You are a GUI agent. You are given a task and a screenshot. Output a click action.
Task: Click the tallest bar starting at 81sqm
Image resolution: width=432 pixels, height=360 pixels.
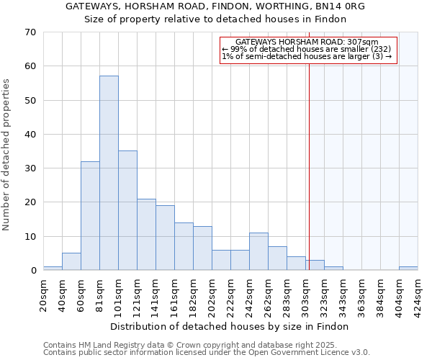pos(109,173)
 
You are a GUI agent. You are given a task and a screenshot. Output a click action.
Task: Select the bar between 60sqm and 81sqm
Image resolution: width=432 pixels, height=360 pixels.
pos(90,216)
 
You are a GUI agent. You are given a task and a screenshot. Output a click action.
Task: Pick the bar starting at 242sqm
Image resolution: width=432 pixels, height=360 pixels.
pos(258,251)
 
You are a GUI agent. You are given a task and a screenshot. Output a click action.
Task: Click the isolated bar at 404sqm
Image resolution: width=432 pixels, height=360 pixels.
pos(408,269)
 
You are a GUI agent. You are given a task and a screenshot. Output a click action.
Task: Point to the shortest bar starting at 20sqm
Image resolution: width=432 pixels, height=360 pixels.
pos(53,269)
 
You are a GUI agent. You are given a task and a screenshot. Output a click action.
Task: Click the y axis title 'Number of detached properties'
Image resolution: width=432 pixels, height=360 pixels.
pos(7,156)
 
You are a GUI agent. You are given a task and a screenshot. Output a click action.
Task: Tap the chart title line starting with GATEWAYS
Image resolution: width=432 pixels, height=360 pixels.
pos(215,6)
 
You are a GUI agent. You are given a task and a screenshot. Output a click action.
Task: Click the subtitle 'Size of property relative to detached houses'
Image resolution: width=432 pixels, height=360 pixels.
pos(215,19)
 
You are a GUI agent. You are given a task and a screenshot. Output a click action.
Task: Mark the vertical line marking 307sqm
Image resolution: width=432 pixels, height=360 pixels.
pos(309,158)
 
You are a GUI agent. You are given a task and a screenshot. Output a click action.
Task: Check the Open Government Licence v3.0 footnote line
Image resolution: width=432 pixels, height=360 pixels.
pos(207,353)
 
